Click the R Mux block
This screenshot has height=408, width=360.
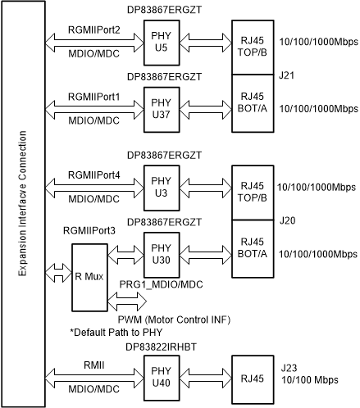pyautogui.click(x=88, y=276)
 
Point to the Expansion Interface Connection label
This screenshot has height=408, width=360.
pyautogui.click(x=22, y=204)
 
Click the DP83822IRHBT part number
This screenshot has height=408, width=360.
pyautogui.click(x=162, y=347)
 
